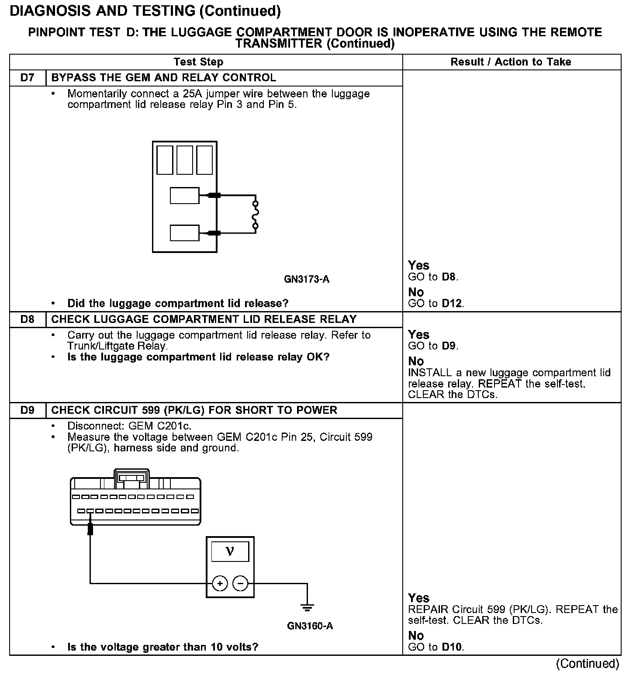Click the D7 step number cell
point(27,78)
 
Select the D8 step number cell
point(27,319)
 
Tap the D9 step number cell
point(27,410)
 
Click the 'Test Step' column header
point(198,62)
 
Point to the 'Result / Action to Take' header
point(511,62)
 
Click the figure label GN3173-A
point(307,279)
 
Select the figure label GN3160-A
point(310,626)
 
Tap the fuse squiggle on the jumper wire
point(256,215)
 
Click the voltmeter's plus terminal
point(220,583)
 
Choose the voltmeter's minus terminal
point(240,583)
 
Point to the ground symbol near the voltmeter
point(308,607)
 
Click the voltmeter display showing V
point(230,551)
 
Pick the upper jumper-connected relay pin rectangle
point(184,195)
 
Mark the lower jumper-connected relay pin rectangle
point(184,233)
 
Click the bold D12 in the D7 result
point(452,303)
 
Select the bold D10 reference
point(452,647)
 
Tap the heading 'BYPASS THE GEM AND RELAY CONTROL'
point(164,78)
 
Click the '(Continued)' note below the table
point(587,664)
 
